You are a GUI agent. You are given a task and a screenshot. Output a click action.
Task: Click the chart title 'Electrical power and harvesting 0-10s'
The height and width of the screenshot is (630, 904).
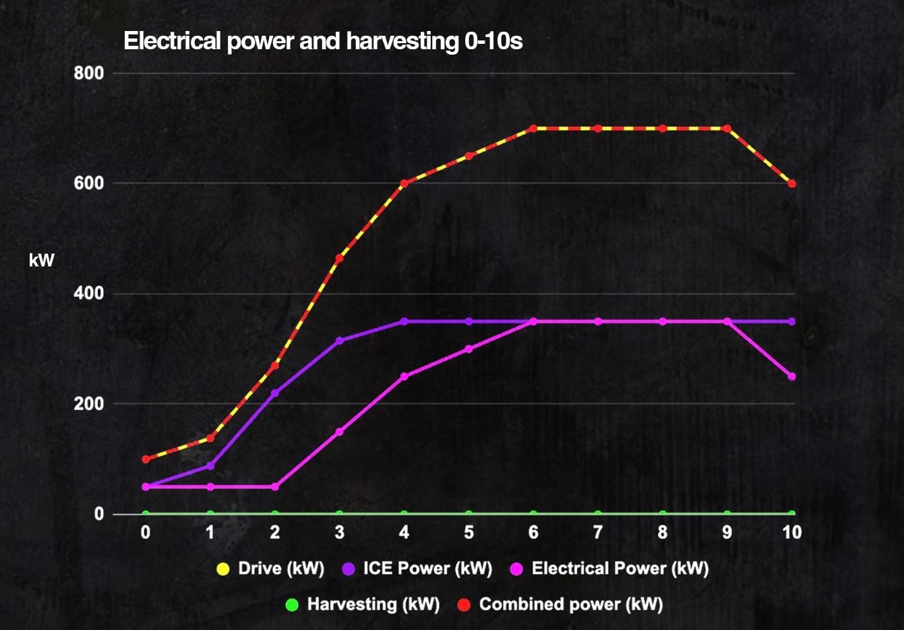[x=323, y=42]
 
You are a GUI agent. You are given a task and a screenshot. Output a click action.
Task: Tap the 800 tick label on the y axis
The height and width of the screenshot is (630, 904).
[x=89, y=73]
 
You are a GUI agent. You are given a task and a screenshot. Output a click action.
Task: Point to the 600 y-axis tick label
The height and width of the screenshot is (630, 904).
[x=89, y=183]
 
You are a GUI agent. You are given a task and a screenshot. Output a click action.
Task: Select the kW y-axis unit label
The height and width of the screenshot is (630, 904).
[x=41, y=260]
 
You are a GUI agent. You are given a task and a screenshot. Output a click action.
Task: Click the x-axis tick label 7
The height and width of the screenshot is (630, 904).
[x=597, y=533]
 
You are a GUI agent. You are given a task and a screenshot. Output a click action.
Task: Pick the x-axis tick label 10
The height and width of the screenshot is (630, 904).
[x=791, y=533]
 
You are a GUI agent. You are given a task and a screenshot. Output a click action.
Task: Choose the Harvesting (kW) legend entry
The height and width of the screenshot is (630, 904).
[x=363, y=604]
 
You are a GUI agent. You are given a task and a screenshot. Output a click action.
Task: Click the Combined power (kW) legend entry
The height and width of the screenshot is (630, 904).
[x=560, y=604]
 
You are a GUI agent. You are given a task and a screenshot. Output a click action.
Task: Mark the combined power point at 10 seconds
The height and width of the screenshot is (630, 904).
[x=792, y=183]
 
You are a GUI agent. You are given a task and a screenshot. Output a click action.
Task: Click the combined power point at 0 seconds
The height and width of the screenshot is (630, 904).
[x=146, y=459]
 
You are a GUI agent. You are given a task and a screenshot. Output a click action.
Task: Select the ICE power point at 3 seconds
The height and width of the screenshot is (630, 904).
[x=339, y=341]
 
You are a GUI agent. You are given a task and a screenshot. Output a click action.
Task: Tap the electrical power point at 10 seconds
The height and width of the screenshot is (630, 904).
[x=792, y=376]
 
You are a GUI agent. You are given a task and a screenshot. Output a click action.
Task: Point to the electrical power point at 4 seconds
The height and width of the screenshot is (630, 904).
[x=404, y=376]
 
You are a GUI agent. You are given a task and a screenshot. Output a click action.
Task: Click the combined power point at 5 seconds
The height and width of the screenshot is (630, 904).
[x=469, y=156]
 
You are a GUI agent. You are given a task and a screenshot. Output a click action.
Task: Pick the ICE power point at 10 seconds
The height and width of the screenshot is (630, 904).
[x=792, y=321]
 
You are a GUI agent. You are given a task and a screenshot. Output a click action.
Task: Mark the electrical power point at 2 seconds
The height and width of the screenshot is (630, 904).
[x=275, y=486]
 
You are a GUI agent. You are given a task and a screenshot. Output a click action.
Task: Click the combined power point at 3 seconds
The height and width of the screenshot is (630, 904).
[x=339, y=258]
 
